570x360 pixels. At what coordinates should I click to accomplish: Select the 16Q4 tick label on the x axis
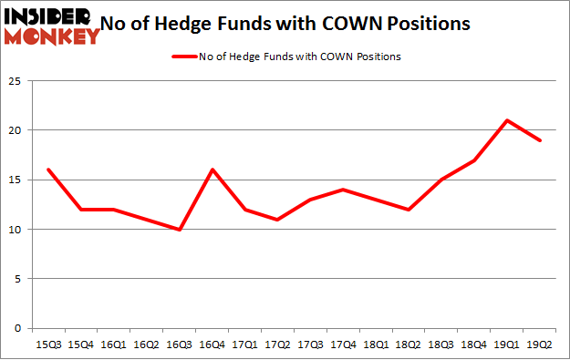click(212, 345)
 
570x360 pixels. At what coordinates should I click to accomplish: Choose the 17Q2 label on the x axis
click(275, 345)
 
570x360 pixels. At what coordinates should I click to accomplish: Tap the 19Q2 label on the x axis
click(539, 345)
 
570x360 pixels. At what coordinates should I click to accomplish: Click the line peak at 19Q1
click(507, 120)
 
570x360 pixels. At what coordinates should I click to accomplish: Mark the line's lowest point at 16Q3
click(180, 229)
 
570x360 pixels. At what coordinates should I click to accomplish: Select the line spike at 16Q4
click(212, 170)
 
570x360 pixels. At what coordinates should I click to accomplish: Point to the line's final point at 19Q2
click(539, 140)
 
